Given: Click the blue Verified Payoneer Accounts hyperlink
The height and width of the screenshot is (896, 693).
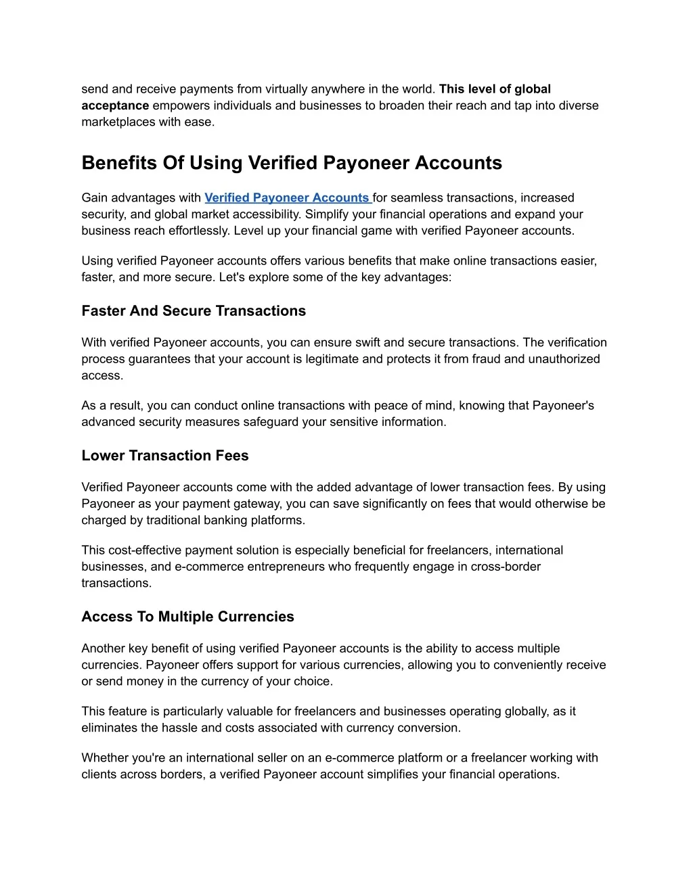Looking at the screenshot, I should tap(287, 197).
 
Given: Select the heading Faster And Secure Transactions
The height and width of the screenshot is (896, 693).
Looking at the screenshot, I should tap(194, 311).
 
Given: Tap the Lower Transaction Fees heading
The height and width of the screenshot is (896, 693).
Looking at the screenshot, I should tap(165, 456).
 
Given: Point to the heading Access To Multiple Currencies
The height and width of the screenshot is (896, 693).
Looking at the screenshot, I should tap(187, 617).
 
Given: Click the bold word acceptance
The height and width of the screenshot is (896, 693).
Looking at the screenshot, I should tap(115, 105).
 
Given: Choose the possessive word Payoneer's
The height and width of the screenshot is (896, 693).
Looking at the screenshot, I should tap(563, 406).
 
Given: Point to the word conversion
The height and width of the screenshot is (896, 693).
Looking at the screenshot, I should tap(430, 728).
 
